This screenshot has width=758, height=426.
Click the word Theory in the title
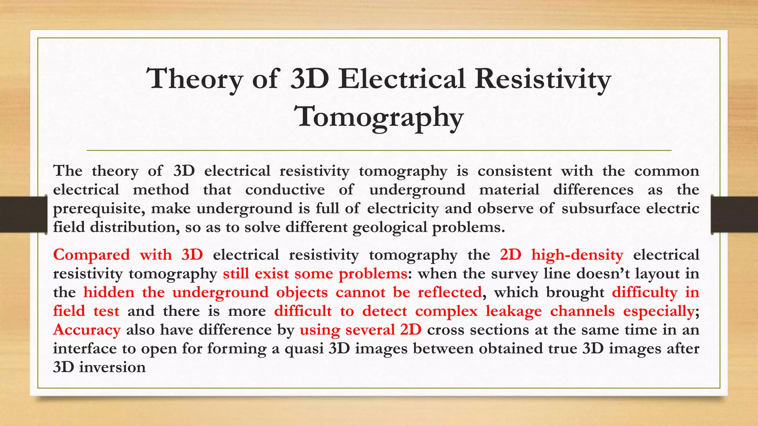tap(194, 79)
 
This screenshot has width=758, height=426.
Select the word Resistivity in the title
tap(543, 79)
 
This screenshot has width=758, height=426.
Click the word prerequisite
tap(97, 209)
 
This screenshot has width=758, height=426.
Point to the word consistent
tap(514, 171)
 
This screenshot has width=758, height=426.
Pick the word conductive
tap(285, 190)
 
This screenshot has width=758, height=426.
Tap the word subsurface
tap(601, 209)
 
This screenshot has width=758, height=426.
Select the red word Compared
tap(91, 255)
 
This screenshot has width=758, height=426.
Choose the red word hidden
tap(109, 293)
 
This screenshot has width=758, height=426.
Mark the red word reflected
tap(449, 293)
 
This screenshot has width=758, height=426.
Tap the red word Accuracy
tap(87, 330)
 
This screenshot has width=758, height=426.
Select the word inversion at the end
tap(112, 367)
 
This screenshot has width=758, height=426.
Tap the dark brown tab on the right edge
tap(735, 214)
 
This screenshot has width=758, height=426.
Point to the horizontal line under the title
tap(379, 151)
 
